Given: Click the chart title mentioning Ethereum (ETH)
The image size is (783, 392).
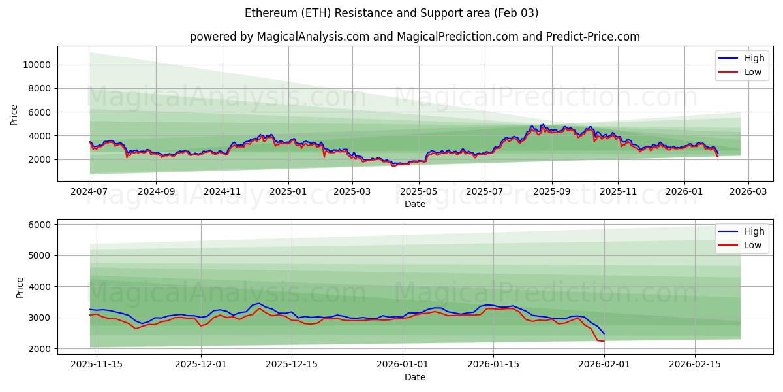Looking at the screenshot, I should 391,13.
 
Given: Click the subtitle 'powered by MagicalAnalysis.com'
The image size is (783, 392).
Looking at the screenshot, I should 414,37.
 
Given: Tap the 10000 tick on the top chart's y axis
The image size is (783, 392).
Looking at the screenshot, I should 37,65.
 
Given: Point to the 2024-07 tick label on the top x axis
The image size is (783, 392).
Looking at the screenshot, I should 89,192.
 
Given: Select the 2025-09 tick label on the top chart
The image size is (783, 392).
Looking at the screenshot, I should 551,192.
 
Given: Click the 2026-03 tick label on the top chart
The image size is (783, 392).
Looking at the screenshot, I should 748,192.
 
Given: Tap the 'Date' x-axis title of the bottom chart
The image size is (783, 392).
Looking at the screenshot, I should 414,377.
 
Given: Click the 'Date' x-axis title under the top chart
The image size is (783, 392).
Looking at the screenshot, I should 414,204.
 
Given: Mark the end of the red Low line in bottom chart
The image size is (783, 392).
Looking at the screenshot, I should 604,341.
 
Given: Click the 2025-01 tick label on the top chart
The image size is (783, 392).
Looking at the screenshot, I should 288,192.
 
